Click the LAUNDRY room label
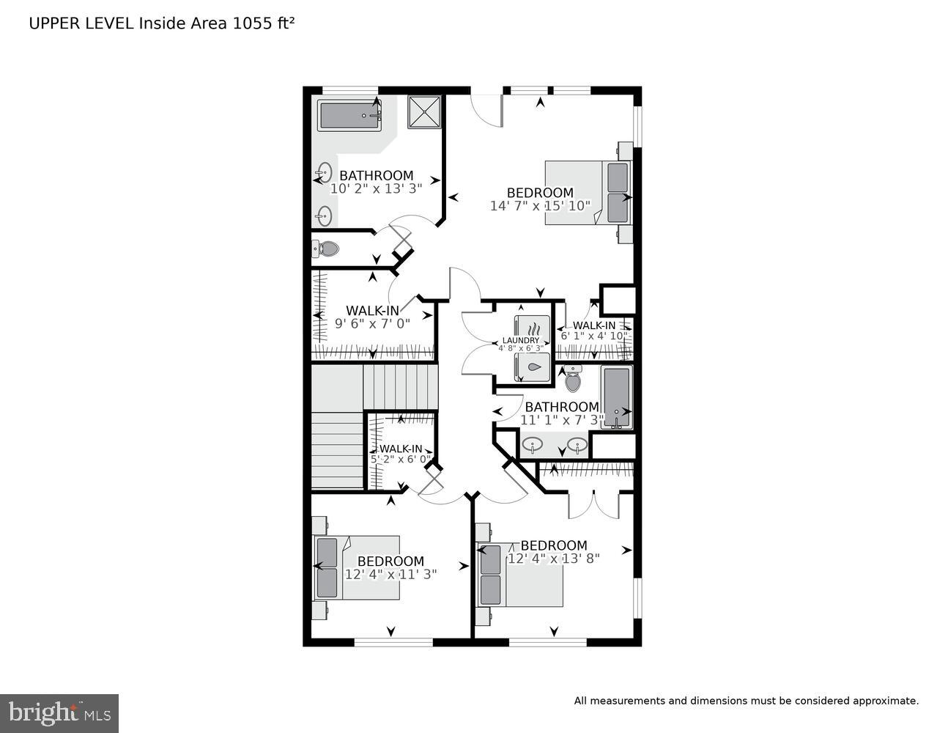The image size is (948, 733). tap(520, 340)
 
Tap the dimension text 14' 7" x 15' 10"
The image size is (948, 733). tap(540, 206)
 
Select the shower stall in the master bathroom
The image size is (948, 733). tap(424, 112)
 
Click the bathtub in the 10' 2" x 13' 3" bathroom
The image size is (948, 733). tap(350, 116)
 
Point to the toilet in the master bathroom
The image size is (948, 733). tap(326, 248)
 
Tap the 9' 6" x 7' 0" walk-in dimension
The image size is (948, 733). tap(372, 323)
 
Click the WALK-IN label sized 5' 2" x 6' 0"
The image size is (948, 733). tap(400, 449)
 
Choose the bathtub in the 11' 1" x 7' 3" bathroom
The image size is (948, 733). tap(616, 397)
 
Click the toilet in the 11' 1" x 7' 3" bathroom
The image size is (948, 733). tap(573, 380)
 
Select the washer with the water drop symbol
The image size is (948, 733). tap(533, 367)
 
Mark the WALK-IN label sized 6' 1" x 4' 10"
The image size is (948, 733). tap(594, 325)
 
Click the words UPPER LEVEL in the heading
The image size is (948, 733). tap(81, 23)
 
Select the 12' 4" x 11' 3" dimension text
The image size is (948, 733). tap(390, 575)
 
